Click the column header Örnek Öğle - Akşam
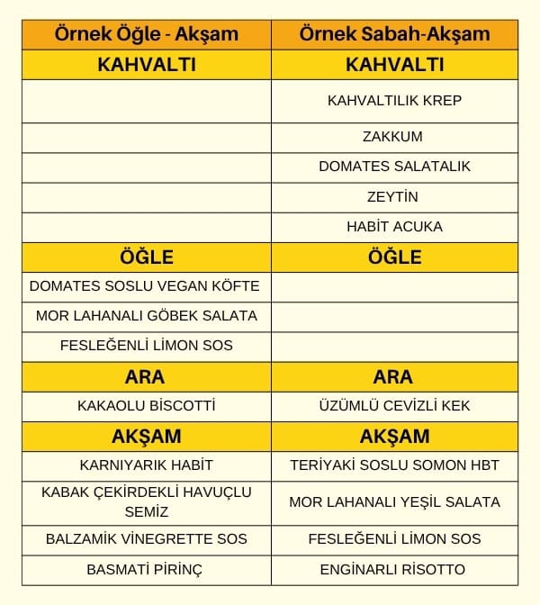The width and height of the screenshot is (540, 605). coord(146,35)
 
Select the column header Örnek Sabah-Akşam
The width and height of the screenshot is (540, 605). coord(394,35)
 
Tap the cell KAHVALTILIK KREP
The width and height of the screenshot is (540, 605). coord(394,100)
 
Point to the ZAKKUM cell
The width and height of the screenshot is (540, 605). coord(394,137)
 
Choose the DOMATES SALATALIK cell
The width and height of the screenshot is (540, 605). coord(394,167)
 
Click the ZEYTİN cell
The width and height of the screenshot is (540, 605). coord(394,196)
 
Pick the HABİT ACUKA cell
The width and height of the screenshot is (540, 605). coord(394,226)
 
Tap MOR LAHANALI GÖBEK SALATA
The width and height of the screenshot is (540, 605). coord(146,316)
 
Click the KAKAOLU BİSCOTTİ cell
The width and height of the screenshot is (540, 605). coord(146,405)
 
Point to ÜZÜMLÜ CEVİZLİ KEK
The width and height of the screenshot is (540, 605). coord(394,405)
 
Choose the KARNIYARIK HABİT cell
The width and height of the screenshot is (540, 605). coord(146,465)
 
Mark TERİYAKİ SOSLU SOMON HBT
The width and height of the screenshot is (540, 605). coord(394,465)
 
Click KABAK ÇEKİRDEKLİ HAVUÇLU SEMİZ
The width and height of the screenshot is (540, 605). coord(146,501)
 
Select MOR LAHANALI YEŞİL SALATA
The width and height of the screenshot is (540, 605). coord(394,501)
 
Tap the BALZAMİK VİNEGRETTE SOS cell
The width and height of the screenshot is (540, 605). coord(146,539)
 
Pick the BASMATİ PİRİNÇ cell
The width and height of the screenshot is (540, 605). coord(146,569)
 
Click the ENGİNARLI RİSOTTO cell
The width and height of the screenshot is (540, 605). coord(394,569)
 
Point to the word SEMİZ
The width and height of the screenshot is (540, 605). coord(146,511)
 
